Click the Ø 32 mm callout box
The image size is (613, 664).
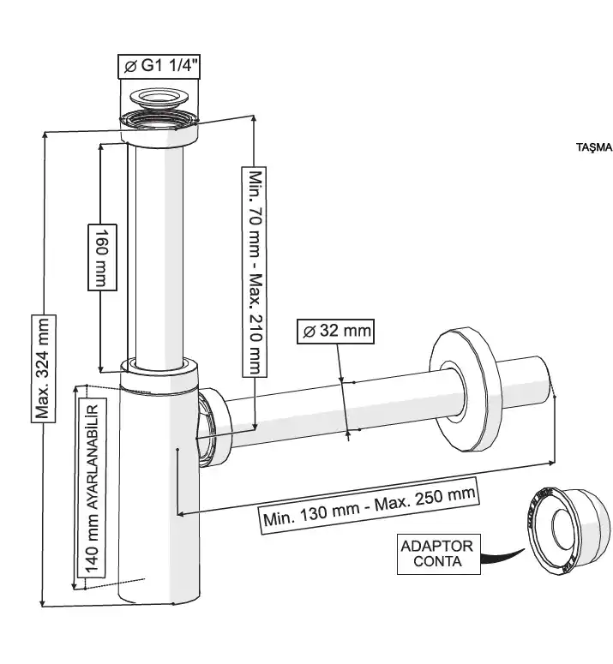click(x=335, y=332)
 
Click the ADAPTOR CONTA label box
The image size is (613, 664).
click(x=437, y=554)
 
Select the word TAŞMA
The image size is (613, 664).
click(x=593, y=147)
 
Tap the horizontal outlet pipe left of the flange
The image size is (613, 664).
click(x=334, y=407)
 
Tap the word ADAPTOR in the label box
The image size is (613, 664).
click(x=437, y=546)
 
